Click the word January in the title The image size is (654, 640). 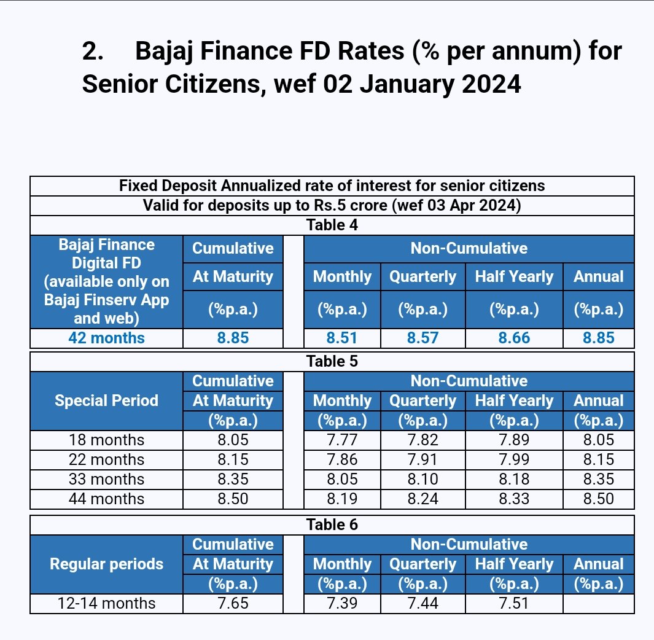pyautogui.click(x=418, y=84)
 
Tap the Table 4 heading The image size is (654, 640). pyautogui.click(x=332, y=225)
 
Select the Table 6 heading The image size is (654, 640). pyautogui.click(x=332, y=525)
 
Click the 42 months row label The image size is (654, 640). pyautogui.click(x=106, y=338)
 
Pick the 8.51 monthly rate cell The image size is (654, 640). pyautogui.click(x=342, y=338)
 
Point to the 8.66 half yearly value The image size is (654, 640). pyautogui.click(x=514, y=338)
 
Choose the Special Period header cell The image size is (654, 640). pyautogui.click(x=106, y=401)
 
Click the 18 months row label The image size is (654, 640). pyautogui.click(x=106, y=440)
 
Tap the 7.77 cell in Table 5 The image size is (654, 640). pyautogui.click(x=342, y=440)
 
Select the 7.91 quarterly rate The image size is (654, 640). pyautogui.click(x=423, y=460)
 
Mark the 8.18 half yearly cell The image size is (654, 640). pyautogui.click(x=514, y=480)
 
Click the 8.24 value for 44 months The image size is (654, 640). pyautogui.click(x=423, y=499)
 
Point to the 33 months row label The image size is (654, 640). pyautogui.click(x=106, y=480)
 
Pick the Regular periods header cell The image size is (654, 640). pyautogui.click(x=106, y=564)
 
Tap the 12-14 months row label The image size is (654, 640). pyautogui.click(x=106, y=604)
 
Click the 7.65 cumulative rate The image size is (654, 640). pyautogui.click(x=233, y=604)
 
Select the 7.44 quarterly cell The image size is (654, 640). pyautogui.click(x=423, y=604)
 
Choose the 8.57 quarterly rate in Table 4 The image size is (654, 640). pyautogui.click(x=423, y=338)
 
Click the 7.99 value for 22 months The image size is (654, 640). pyautogui.click(x=514, y=460)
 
